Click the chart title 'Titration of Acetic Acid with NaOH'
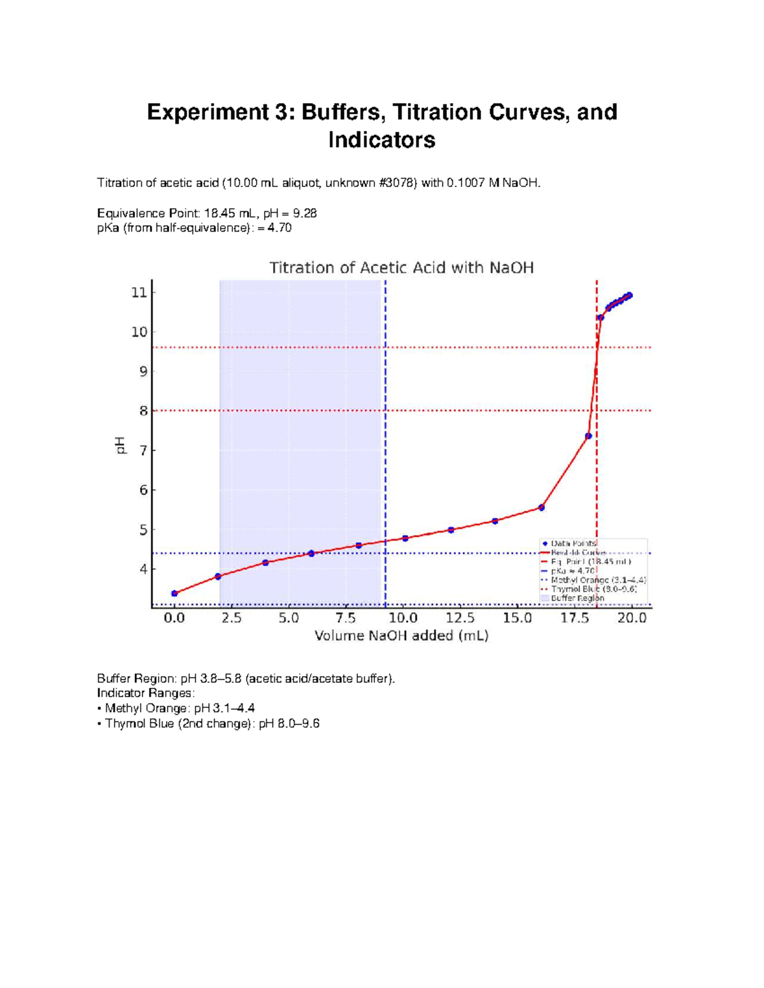(x=401, y=268)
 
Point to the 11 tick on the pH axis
(x=139, y=293)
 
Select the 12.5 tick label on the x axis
(x=460, y=618)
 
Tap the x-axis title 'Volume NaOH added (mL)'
(x=401, y=636)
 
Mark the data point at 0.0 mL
(x=174, y=594)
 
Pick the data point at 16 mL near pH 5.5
(x=541, y=508)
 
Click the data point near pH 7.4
(x=588, y=436)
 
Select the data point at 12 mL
(x=451, y=530)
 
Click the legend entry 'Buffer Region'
(x=577, y=598)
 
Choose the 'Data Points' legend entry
(x=573, y=543)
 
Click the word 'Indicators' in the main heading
(x=381, y=140)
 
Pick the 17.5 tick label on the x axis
(x=574, y=618)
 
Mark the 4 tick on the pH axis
(x=143, y=569)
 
